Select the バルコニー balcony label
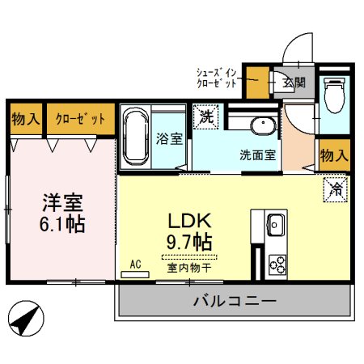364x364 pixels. click(235, 302)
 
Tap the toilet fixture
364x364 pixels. click(333, 98)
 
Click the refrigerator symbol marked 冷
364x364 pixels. click(335, 189)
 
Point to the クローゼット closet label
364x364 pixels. click(79, 118)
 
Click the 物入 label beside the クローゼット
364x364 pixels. click(25, 118)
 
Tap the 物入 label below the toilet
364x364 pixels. click(333, 154)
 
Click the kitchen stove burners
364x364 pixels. click(277, 263)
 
